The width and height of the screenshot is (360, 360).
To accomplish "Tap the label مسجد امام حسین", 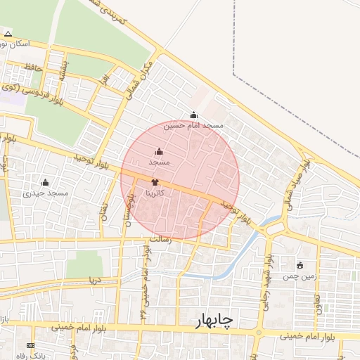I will pyautogui.click(x=193, y=125).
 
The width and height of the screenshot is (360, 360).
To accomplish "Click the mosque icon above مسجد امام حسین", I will pyautogui.click(x=194, y=115).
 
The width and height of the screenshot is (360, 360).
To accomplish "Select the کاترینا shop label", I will pyautogui.click(x=155, y=192).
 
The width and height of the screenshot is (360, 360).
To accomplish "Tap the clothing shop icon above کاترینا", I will pyautogui.click(x=155, y=182).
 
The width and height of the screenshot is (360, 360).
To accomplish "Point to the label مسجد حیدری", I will pyautogui.click(x=45, y=193).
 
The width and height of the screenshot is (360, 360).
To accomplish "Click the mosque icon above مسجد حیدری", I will pyautogui.click(x=46, y=183).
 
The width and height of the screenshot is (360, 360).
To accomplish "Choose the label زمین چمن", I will pyautogui.click(x=301, y=276).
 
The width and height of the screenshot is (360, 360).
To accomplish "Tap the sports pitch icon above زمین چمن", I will pyautogui.click(x=301, y=266).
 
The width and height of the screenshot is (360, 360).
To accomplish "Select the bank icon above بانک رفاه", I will pyautogui.click(x=30, y=346).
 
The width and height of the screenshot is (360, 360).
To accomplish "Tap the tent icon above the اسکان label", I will pyautogui.click(x=8, y=34).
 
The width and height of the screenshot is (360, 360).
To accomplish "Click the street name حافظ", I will pyautogui.click(x=33, y=67).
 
